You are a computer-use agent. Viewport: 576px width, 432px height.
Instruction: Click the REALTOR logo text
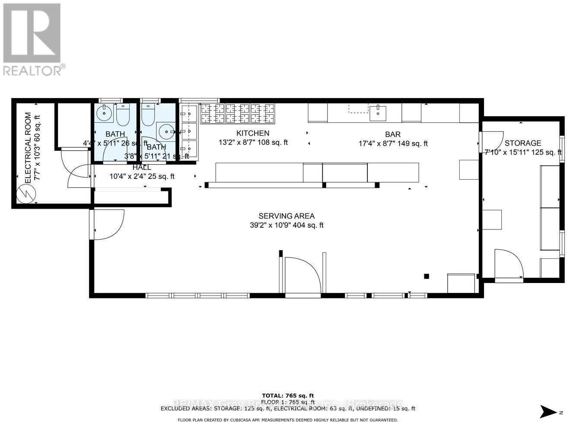pyautogui.click(x=32, y=70)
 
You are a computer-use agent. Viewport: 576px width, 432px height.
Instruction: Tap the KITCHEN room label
pyautogui.click(x=253, y=133)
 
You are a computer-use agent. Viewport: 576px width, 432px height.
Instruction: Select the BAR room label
pyautogui.click(x=393, y=135)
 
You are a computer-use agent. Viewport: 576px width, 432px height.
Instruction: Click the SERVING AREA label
pyautogui.click(x=286, y=216)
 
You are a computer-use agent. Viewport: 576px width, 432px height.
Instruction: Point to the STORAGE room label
pyautogui.click(x=523, y=143)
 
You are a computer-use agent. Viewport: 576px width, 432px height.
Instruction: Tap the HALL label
pyautogui.click(x=142, y=167)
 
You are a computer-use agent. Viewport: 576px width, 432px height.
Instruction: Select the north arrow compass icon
pyautogui.click(x=549, y=412)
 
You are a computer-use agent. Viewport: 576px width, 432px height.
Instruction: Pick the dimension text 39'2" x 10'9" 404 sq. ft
pyautogui.click(x=286, y=225)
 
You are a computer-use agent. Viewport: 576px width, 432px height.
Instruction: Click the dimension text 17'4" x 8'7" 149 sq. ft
pyautogui.click(x=393, y=143)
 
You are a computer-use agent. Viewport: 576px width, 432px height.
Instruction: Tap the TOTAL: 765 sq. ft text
pyautogui.click(x=288, y=395)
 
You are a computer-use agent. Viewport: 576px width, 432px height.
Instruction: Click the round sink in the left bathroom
pyautogui.click(x=104, y=114)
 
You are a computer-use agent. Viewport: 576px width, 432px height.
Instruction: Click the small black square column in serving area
pyautogui.click(x=426, y=276)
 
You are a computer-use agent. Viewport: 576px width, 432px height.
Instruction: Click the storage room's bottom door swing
pyautogui.click(x=509, y=264)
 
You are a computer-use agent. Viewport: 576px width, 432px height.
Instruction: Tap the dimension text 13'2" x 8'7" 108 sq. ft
pyautogui.click(x=253, y=143)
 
